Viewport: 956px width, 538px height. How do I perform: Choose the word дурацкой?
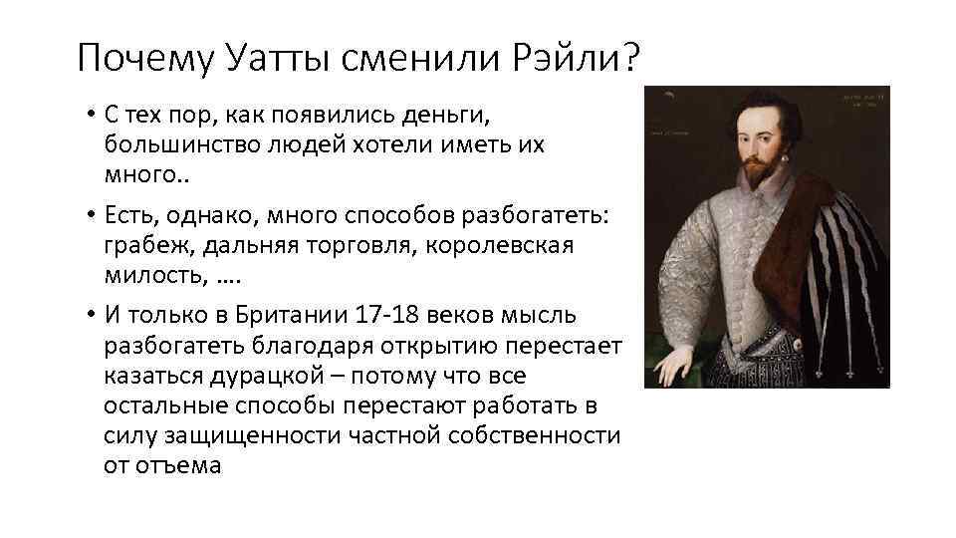point(252,376)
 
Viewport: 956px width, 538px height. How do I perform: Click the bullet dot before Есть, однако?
point(89,216)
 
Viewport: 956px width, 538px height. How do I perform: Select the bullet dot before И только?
point(89,316)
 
